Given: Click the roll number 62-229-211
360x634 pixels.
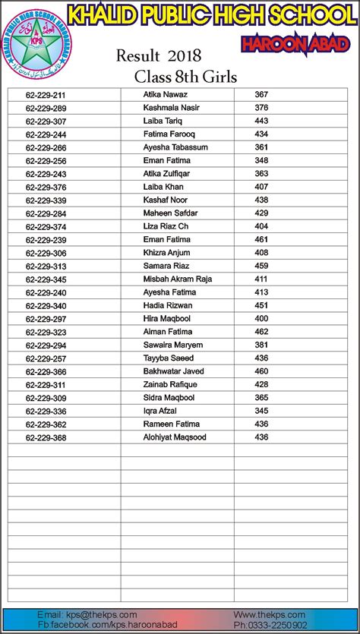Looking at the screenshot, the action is click(x=46, y=95).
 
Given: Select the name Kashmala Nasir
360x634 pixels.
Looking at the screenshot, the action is click(x=171, y=108).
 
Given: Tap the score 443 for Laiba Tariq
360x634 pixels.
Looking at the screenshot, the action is click(x=261, y=121).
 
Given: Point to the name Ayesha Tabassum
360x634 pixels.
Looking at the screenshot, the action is click(x=175, y=147).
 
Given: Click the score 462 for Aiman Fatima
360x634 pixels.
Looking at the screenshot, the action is click(x=261, y=332).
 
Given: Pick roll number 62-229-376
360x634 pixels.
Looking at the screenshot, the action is click(x=46, y=188).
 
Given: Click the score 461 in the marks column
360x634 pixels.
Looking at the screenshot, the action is click(x=261, y=239).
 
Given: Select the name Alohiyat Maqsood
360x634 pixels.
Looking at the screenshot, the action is click(x=174, y=437).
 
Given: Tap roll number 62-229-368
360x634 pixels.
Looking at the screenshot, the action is click(x=46, y=438).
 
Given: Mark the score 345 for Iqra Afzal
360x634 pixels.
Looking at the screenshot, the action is click(x=261, y=411).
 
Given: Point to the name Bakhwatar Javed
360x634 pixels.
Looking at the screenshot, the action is click(x=173, y=371).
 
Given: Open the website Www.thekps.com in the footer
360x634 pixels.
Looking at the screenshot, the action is click(x=270, y=614).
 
